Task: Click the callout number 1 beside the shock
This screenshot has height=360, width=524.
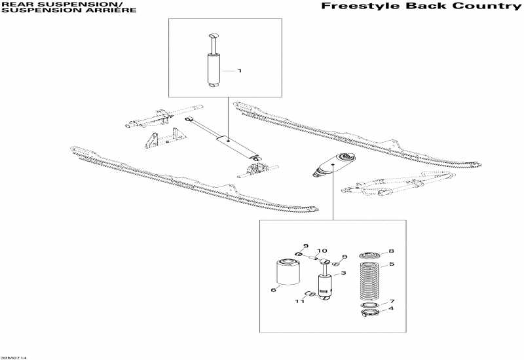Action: coord(240,70)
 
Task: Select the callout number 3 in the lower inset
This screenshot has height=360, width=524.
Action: coord(343,273)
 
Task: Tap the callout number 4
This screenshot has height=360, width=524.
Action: coord(392,309)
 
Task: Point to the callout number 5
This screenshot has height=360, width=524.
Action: coord(392,264)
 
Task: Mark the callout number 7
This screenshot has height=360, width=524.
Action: coord(392,301)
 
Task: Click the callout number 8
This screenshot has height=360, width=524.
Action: coord(392,251)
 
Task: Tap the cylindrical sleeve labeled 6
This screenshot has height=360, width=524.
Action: coord(288,273)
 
